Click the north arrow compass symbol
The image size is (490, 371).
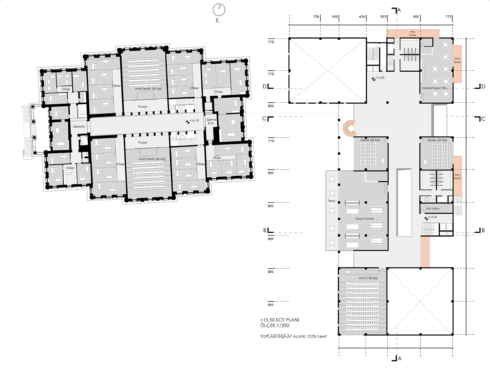point(219,10)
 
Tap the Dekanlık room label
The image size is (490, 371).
point(79,126)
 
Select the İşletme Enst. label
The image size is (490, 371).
point(211,122)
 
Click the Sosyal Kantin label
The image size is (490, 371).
point(365,219)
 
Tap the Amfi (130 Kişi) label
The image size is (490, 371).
point(368,278)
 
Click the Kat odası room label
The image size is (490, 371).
point(433,208)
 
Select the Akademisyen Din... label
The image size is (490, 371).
point(435,88)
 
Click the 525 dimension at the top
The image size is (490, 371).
point(383,17)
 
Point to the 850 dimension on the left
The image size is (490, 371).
point(271,106)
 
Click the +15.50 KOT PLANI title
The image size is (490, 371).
point(279,320)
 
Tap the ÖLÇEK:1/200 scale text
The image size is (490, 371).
point(275,326)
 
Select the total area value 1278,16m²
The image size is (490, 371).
point(317,336)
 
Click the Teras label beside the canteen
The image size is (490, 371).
point(332,201)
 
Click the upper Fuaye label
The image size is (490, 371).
point(143,107)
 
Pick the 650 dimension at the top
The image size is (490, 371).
point(362,17)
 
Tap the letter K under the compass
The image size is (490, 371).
point(217,20)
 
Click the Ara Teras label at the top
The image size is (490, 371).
point(412,33)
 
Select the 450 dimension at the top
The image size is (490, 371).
point(335,17)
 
